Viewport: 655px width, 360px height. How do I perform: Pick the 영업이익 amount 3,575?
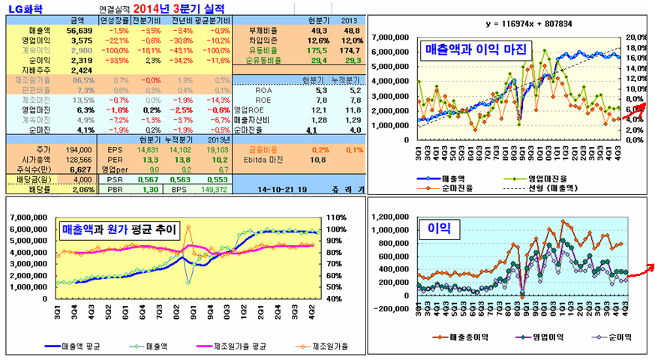(x=82, y=39)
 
